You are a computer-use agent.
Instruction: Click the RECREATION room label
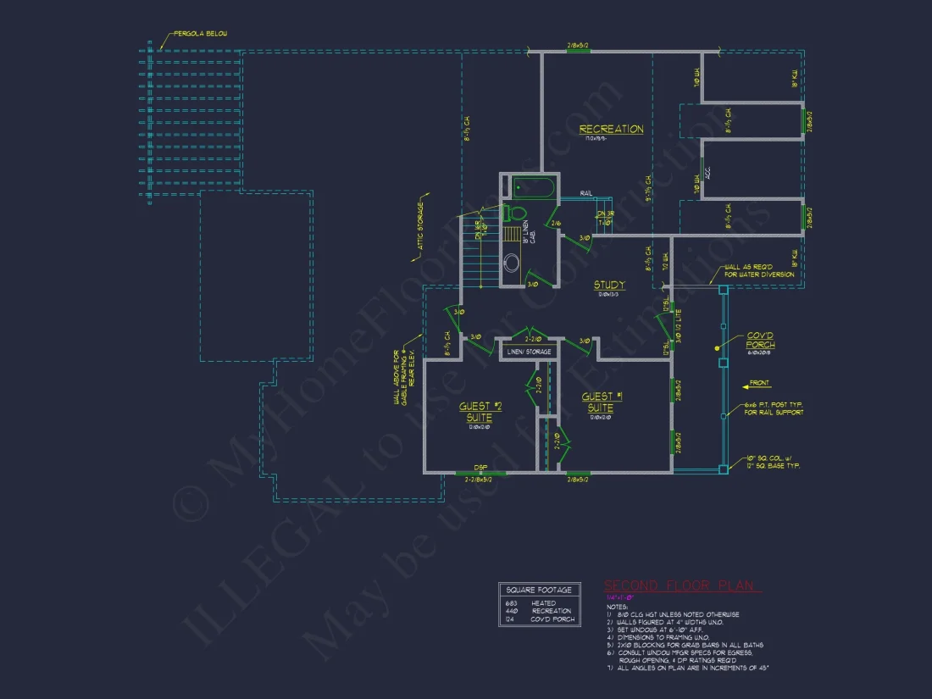611,130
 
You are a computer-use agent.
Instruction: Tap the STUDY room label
608,286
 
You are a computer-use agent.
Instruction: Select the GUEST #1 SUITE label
602,402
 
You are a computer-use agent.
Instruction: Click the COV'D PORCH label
760,341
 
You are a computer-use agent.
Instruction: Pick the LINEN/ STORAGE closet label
529,352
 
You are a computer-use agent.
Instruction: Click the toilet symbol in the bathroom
515,213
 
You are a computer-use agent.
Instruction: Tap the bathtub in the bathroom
533,186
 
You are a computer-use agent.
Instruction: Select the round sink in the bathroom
513,263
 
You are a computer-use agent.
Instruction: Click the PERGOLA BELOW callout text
201,34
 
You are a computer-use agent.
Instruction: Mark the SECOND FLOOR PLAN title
681,586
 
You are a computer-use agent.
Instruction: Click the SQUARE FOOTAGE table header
539,590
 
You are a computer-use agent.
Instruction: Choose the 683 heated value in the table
511,603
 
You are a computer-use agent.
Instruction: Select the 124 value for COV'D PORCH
510,619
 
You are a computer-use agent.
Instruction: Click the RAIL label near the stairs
585,193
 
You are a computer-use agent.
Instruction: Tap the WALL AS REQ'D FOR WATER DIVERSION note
758,270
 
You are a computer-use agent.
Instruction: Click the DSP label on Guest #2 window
480,467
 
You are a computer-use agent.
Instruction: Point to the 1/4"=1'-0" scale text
621,598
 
